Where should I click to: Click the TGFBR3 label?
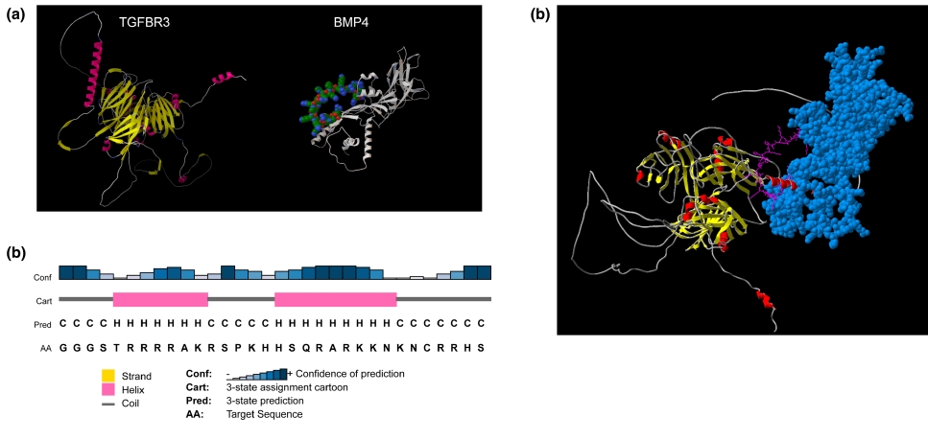pyautogui.click(x=146, y=22)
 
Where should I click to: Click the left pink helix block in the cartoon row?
pyautogui.click(x=159, y=299)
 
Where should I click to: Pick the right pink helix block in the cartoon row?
pyautogui.click(x=335, y=299)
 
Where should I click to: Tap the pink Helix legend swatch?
pyautogui.click(x=110, y=389)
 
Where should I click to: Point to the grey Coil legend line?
pyautogui.click(x=110, y=403)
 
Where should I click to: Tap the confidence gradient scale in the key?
pyautogui.click(x=258, y=374)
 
